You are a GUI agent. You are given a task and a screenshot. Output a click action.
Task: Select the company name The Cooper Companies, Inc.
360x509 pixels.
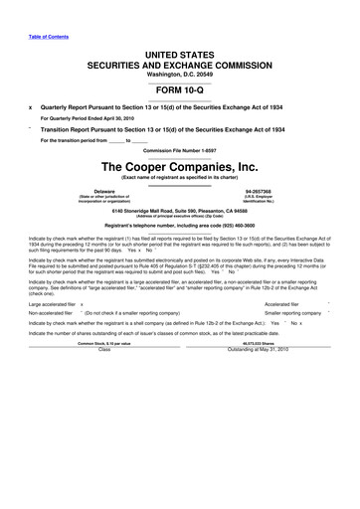[180, 166]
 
